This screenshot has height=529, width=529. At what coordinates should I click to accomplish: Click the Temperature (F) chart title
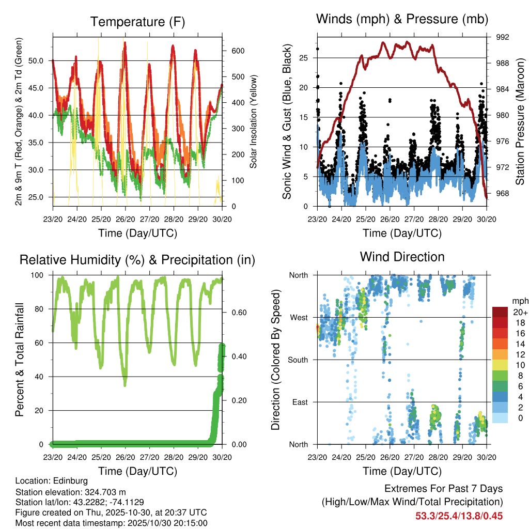tap(137, 22)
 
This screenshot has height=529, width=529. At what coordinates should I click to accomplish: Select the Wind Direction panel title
tap(402, 257)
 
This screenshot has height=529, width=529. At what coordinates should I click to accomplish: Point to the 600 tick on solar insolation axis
tap(238, 51)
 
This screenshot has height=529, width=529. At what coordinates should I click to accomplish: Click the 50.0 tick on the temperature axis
tap(43, 60)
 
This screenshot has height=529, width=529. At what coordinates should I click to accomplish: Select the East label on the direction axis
tap(299, 402)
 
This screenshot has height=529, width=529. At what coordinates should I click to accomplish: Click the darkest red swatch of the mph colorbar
tap(500, 312)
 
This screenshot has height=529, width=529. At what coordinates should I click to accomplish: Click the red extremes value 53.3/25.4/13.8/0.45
tap(459, 516)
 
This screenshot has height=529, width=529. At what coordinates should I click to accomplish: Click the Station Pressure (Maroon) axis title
tap(520, 121)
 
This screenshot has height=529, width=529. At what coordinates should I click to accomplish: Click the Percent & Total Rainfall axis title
tap(19, 360)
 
